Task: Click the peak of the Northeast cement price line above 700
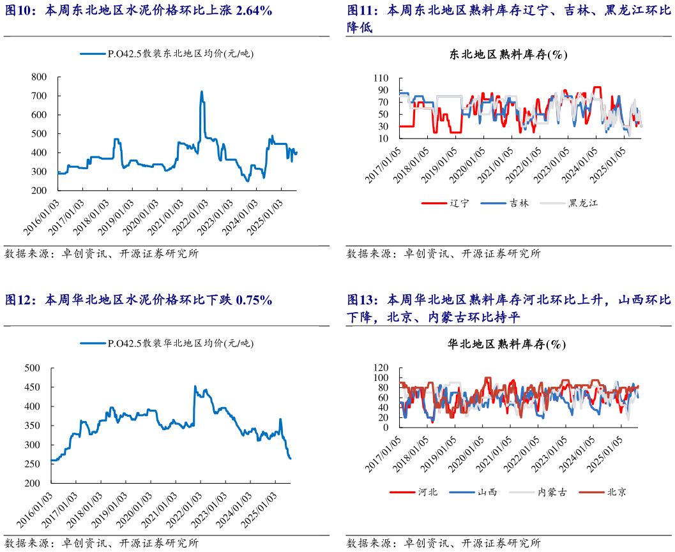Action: click(x=202, y=93)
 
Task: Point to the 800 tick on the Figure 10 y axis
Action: click(x=38, y=77)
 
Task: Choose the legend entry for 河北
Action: click(x=427, y=492)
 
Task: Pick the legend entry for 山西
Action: click(x=487, y=492)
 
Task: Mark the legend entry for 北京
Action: click(x=615, y=492)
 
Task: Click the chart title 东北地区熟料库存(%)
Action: click(x=508, y=55)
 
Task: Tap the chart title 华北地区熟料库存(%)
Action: click(x=508, y=345)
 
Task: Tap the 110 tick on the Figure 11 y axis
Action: click(x=382, y=78)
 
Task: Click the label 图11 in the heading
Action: click(x=360, y=11)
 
